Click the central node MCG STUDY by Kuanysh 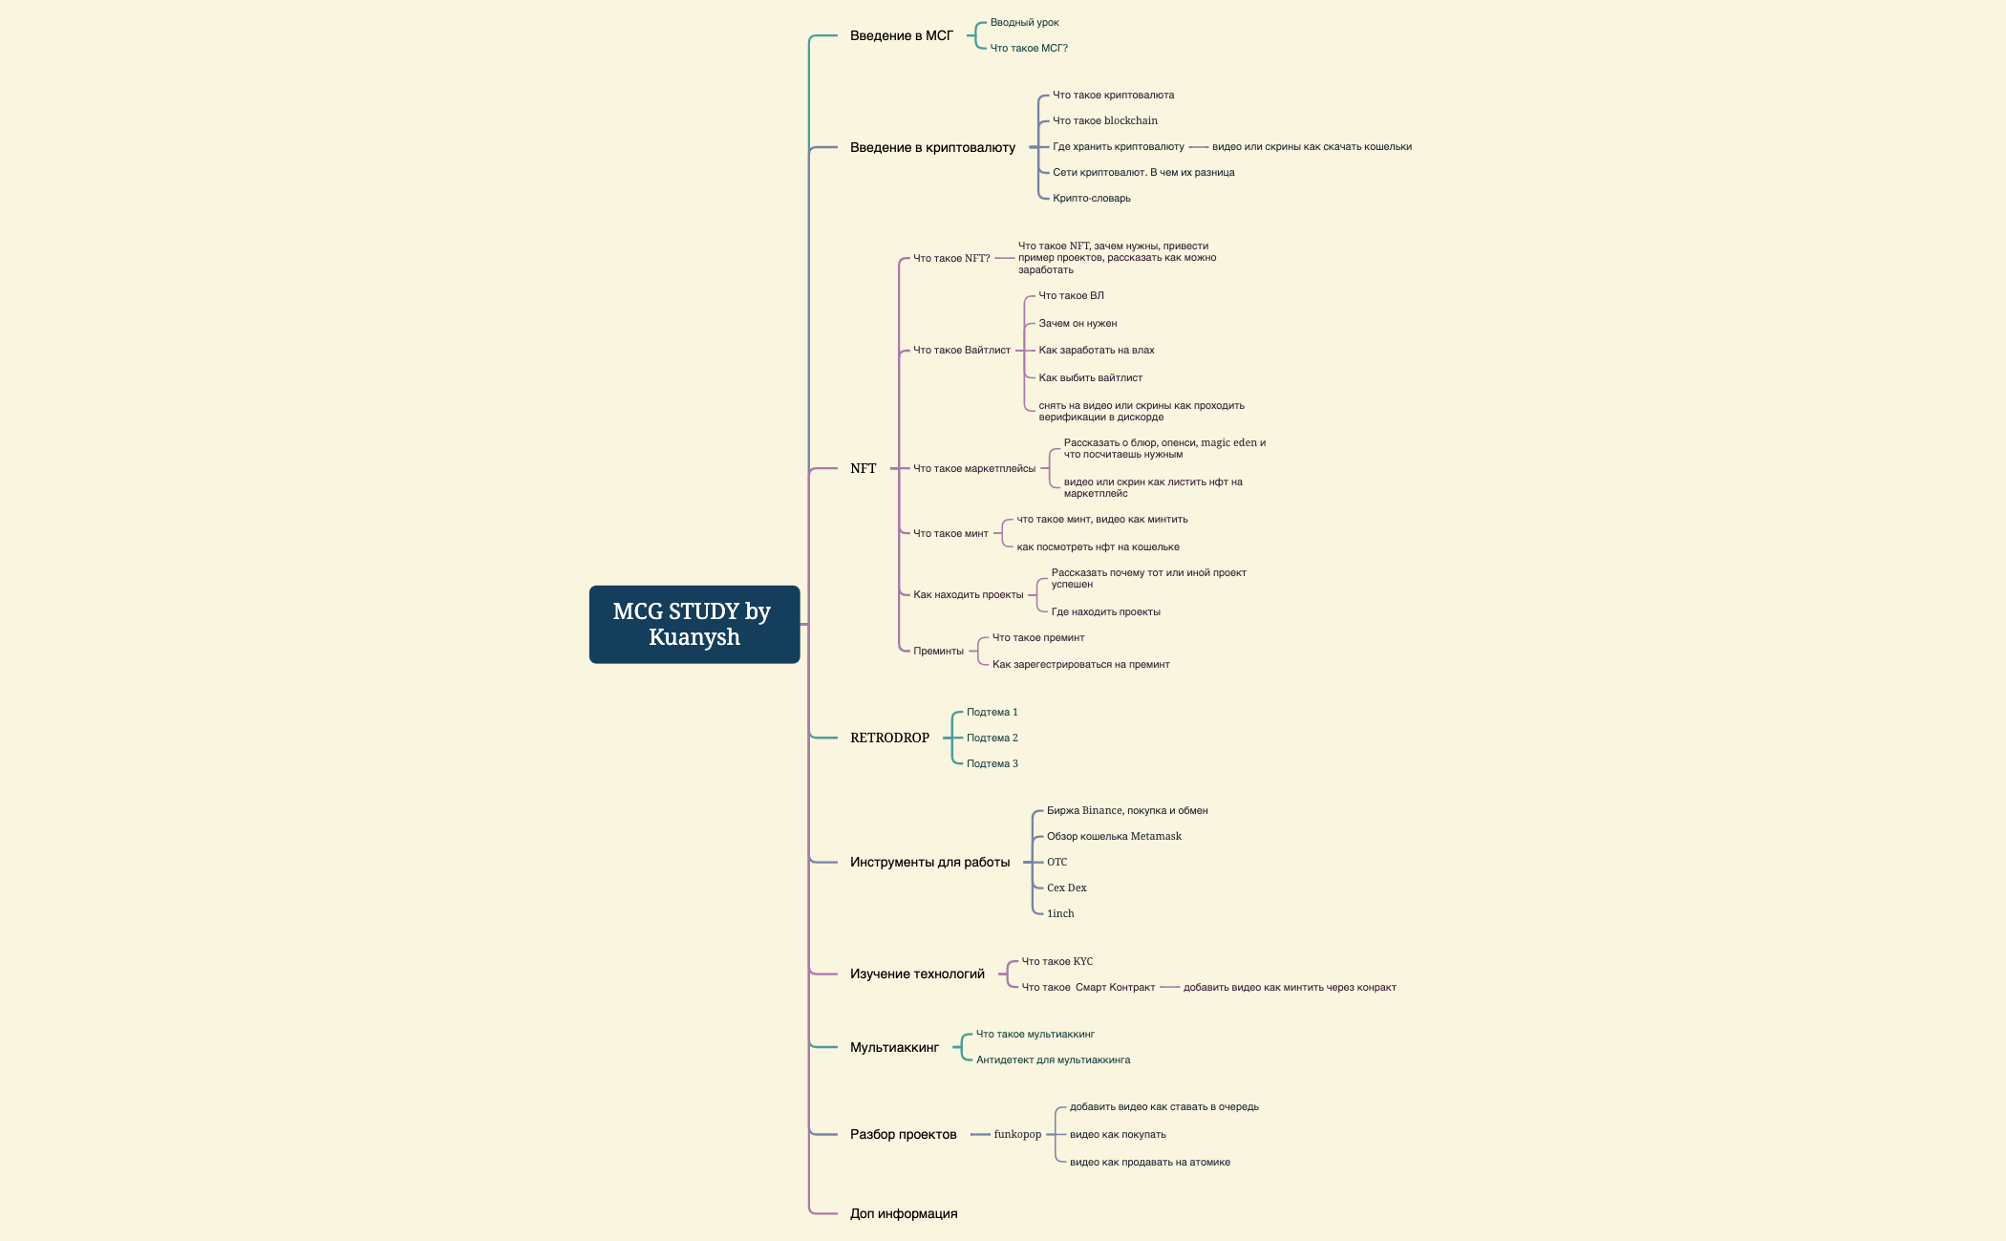click(694, 624)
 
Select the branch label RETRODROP click(889, 738)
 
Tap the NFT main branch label click(863, 468)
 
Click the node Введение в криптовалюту click(932, 147)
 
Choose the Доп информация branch click(904, 1213)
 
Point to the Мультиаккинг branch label click(894, 1047)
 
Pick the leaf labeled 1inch click(1060, 913)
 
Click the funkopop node click(1017, 1134)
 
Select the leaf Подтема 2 click(992, 738)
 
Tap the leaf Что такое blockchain click(1105, 120)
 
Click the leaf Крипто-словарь click(1092, 198)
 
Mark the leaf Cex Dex click(1067, 888)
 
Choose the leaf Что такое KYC click(1057, 961)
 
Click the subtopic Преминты click(938, 651)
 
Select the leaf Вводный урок click(1024, 22)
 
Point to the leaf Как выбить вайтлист click(1091, 377)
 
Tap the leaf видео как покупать click(1118, 1134)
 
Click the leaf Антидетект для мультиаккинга click(1053, 1059)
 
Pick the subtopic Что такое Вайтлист click(962, 350)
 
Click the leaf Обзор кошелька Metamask click(1114, 836)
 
